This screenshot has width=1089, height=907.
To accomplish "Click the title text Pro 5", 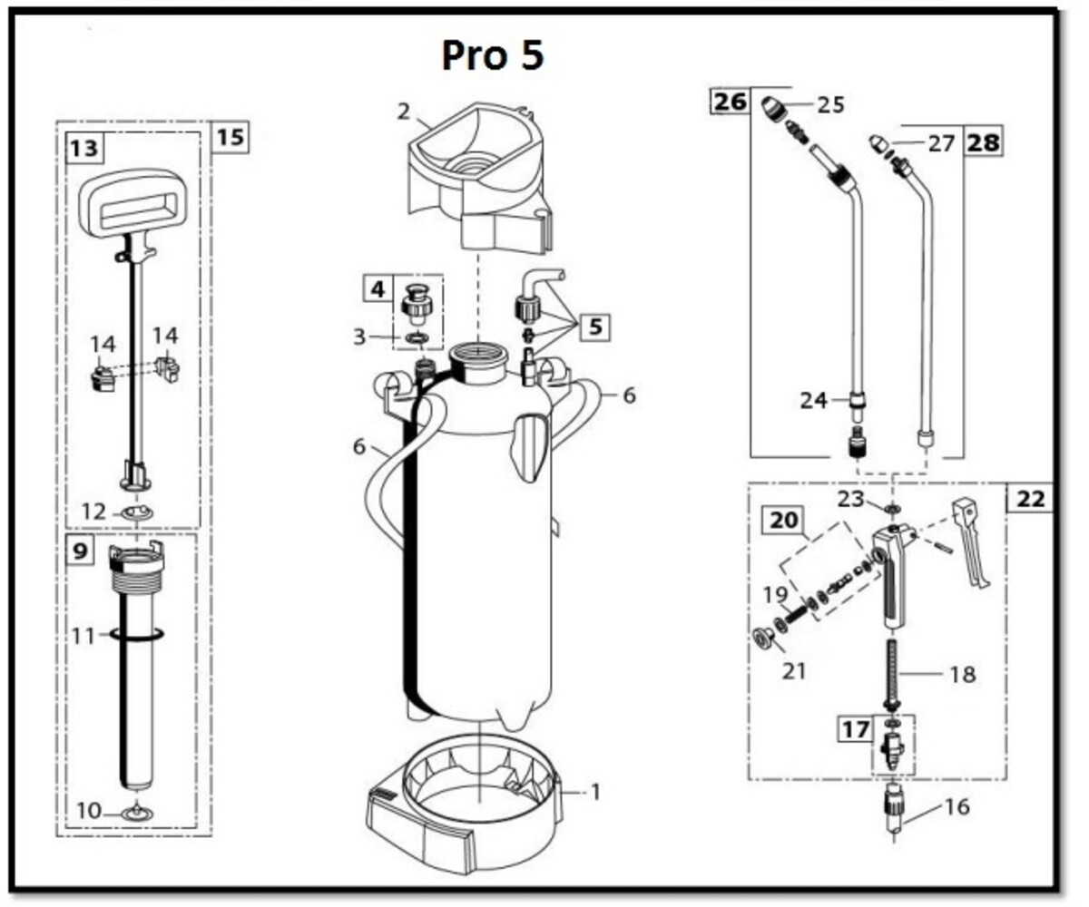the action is (x=493, y=54).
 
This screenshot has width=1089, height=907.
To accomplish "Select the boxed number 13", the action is (x=84, y=149).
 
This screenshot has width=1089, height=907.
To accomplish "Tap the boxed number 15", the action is (x=230, y=138).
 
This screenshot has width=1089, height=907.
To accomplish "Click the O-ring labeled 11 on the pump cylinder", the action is (x=137, y=633).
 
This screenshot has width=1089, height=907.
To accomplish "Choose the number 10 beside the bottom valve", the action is (x=88, y=811).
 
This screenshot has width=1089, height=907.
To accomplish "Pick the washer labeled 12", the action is (x=138, y=513).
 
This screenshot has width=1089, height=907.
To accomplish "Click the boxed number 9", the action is (x=79, y=550).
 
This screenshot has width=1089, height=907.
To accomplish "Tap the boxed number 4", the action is (x=378, y=288).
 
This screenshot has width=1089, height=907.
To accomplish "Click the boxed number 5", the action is (x=595, y=327).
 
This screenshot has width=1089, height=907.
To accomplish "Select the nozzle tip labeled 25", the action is (x=773, y=109).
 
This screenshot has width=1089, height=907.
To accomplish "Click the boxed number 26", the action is (x=731, y=101).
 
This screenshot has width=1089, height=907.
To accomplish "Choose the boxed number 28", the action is (x=983, y=142).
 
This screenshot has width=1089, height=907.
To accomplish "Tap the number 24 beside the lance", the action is (x=814, y=400).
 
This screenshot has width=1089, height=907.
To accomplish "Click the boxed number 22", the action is (x=1031, y=499).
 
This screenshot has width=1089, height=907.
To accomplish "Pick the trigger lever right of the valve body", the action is (x=971, y=542).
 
